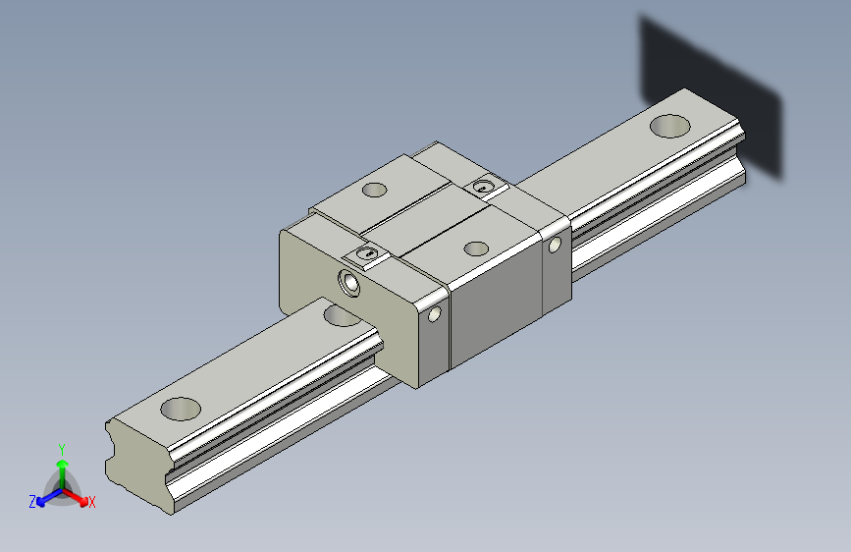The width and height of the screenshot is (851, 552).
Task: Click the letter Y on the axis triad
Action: pos(62,450)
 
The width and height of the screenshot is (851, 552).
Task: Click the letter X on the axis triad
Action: pos(91,503)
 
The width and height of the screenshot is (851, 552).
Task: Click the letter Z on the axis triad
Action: pos(32,502)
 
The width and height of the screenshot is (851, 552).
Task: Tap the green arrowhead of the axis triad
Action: pos(63,464)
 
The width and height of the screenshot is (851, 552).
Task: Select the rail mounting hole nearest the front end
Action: pos(181,410)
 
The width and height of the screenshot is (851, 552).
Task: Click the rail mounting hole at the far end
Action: pos(669,126)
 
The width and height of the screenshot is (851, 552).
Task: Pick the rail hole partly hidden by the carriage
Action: pos(341,315)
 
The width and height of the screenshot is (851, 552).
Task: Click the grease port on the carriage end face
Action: pos(348,283)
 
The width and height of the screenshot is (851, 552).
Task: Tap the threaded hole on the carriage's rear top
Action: pos(374,191)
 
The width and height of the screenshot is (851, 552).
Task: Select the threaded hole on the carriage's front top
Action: pos(476,248)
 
